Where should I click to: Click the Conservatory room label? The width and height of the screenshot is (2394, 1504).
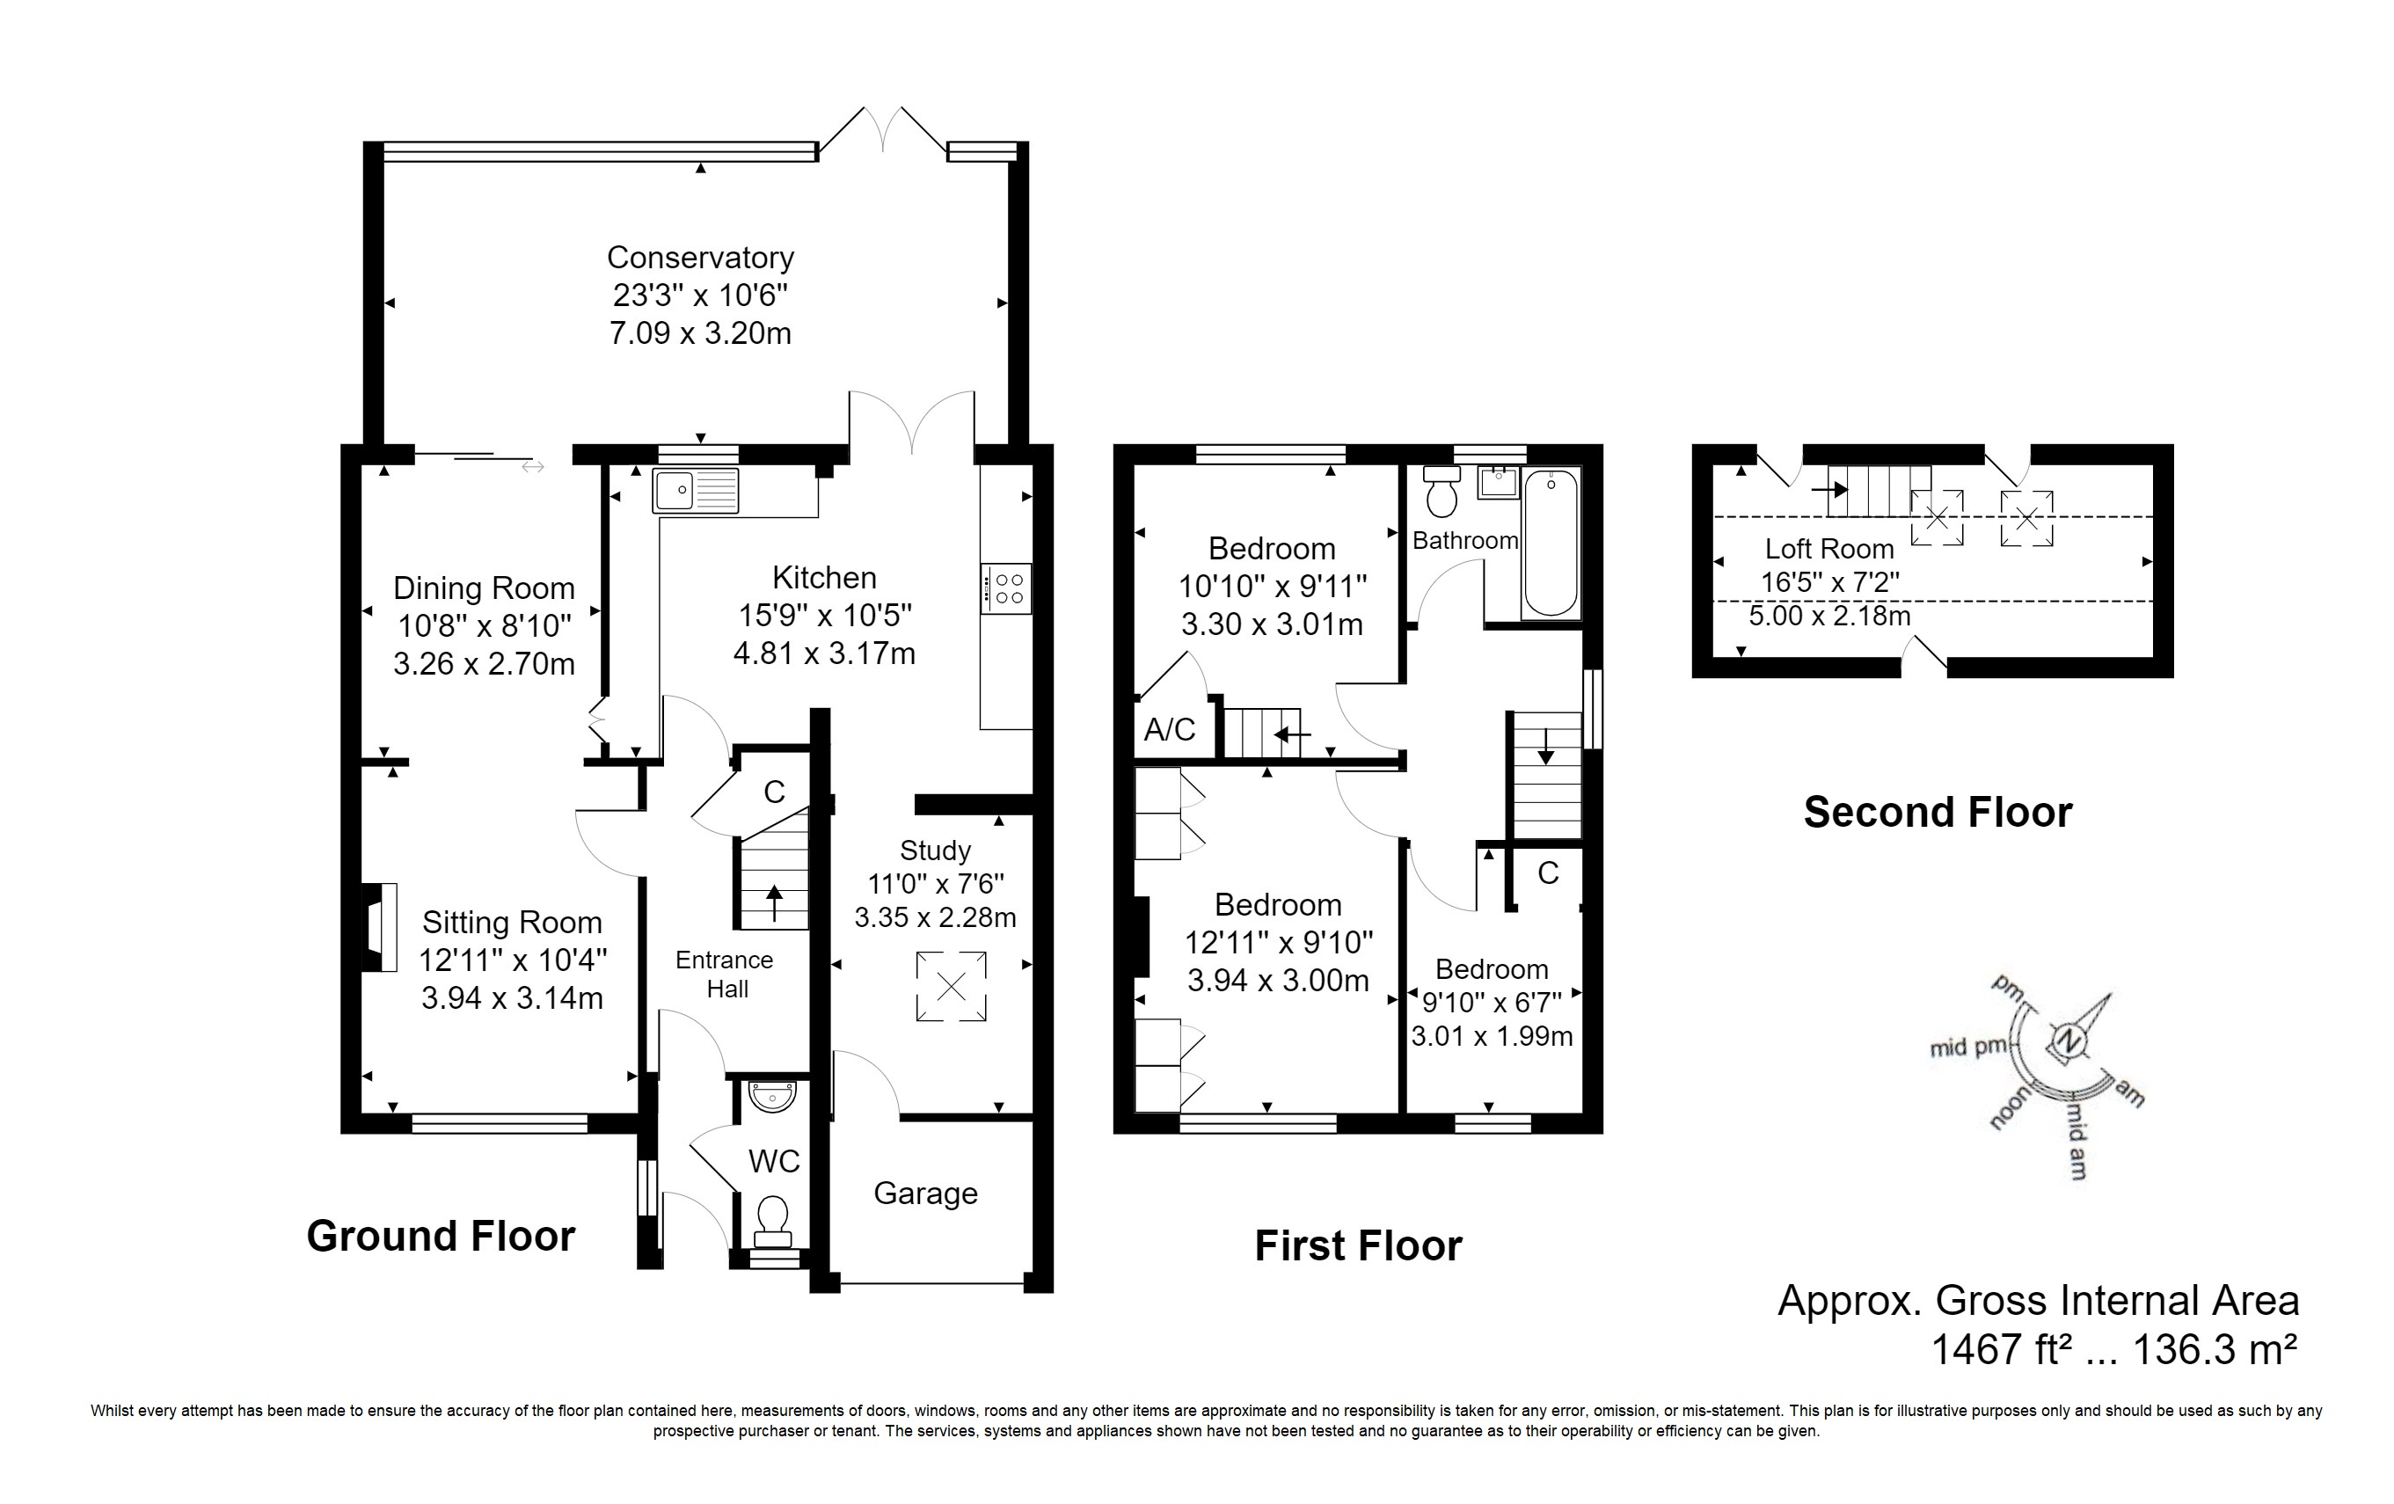pyautogui.click(x=700, y=258)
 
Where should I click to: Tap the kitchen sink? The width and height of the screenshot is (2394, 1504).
pyautogui.click(x=696, y=491)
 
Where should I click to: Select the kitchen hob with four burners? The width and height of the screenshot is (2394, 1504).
pyautogui.click(x=1006, y=588)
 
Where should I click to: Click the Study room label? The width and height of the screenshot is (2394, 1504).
pyautogui.click(x=935, y=851)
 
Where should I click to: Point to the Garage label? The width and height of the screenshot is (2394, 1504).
pyautogui.click(x=925, y=1194)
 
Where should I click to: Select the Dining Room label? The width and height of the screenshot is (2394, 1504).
pyautogui.click(x=485, y=588)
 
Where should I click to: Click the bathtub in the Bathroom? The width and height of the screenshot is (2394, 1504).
pyautogui.click(x=1551, y=544)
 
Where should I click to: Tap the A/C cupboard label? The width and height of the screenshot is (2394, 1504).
pyautogui.click(x=1169, y=731)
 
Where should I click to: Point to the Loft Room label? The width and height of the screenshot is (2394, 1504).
pyautogui.click(x=1829, y=549)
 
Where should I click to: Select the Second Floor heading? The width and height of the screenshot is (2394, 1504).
pyautogui.click(x=1938, y=812)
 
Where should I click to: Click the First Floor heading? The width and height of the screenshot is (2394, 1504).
pyautogui.click(x=1358, y=1245)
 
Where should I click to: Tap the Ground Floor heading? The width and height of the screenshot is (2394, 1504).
pyautogui.click(x=441, y=1236)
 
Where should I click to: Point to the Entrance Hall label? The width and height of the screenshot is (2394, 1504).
pyautogui.click(x=725, y=975)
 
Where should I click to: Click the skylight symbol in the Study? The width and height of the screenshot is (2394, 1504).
pyautogui.click(x=952, y=986)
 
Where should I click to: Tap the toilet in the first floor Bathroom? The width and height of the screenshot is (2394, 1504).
pyautogui.click(x=1441, y=491)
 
